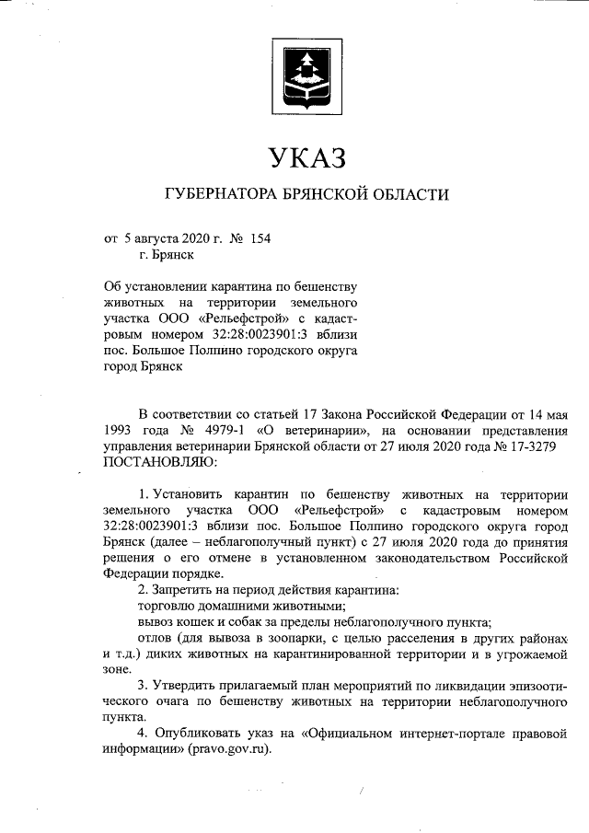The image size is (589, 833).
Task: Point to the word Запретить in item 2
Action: pos(188,588)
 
